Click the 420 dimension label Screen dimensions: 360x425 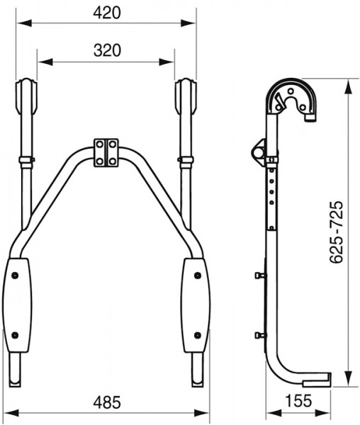(107, 13)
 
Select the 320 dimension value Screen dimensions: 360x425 (107, 50)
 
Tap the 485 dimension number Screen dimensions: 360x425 (107, 402)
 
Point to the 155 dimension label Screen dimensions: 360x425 (298, 401)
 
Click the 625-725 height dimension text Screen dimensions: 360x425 (337, 232)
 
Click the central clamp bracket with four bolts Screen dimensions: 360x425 (106, 152)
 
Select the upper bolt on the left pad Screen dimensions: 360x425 (15, 276)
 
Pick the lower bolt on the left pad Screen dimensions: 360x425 (15, 335)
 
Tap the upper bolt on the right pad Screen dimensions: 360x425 (198, 276)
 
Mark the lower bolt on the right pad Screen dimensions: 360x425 (198, 335)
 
